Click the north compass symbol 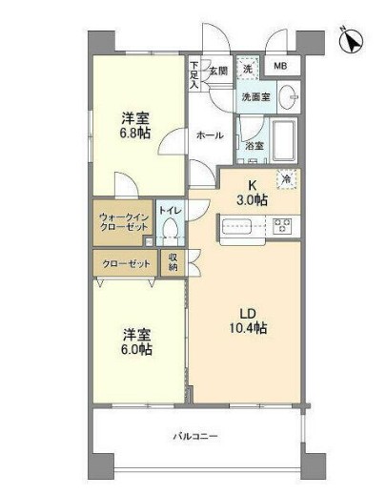point(352,41)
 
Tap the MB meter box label point(280,66)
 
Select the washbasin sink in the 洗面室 point(288,96)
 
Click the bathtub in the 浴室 point(284,140)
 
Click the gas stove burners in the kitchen point(282,226)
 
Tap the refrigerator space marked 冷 point(287,179)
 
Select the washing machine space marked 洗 point(248,69)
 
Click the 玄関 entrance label point(218,71)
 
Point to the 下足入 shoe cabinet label point(194,74)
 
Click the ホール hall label point(211,135)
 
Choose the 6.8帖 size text point(135,134)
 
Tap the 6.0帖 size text point(136,350)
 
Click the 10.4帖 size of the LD point(248,328)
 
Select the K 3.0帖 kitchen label point(252,193)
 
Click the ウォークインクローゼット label point(124,222)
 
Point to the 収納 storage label point(173,262)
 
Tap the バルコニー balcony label point(195,436)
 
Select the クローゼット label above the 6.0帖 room point(126,263)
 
